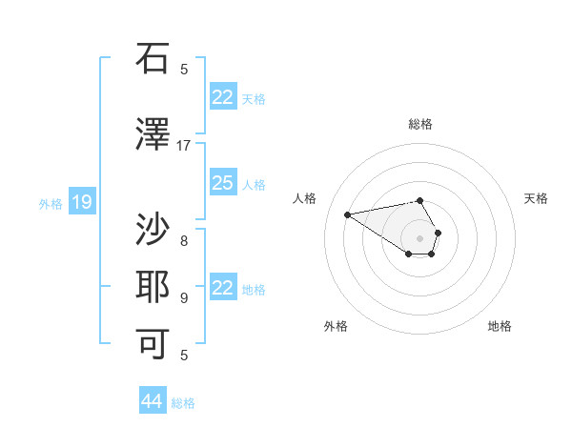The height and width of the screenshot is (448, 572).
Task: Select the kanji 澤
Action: click(x=153, y=135)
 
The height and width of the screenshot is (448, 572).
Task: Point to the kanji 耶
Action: click(x=153, y=288)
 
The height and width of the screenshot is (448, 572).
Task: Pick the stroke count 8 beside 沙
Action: click(x=184, y=240)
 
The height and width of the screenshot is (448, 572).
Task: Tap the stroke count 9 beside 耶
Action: click(x=184, y=298)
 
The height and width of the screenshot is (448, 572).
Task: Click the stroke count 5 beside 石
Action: click(x=184, y=69)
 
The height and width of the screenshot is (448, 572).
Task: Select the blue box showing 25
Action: click(x=223, y=183)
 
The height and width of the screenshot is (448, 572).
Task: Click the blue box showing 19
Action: click(x=82, y=202)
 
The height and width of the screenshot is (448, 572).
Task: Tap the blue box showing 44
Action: click(x=153, y=401)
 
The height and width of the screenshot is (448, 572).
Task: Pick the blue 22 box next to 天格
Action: click(x=223, y=97)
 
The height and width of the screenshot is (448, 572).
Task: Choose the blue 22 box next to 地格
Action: click(x=223, y=288)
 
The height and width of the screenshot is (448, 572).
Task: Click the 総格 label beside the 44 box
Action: click(x=183, y=403)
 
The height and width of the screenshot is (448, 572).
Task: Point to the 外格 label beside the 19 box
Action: click(x=50, y=203)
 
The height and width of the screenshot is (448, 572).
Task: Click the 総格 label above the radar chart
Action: click(x=420, y=124)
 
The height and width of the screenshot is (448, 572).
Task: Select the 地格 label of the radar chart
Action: click(x=500, y=326)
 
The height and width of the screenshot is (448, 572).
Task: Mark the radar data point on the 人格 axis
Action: click(x=348, y=214)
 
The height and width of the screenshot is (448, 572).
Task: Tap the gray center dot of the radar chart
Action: click(x=420, y=237)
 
